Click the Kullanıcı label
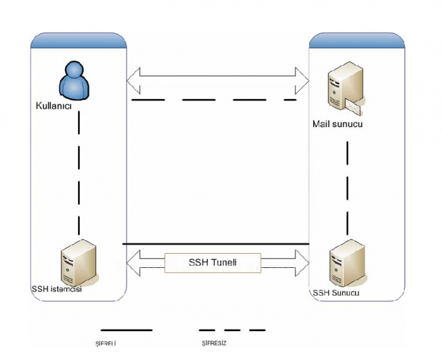click(55, 106)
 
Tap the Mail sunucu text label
click(338, 125)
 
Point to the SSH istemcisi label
click(56, 289)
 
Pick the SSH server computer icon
click(342, 263)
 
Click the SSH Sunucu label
click(336, 293)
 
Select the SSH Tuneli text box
click(213, 263)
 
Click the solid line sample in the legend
click(126, 330)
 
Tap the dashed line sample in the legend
click(232, 330)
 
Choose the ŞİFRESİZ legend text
click(214, 343)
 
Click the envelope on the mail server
click(354, 108)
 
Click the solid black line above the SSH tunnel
click(215, 244)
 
